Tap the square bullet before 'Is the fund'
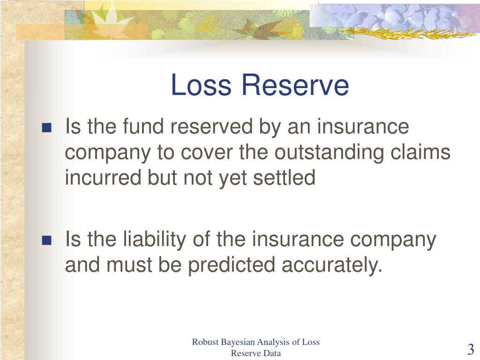pyautogui.click(x=46, y=127)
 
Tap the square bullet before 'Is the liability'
pyautogui.click(x=46, y=240)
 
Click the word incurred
pyautogui.click(x=103, y=178)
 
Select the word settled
pyautogui.click(x=284, y=178)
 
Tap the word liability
pyautogui.click(x=155, y=240)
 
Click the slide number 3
pyautogui.click(x=471, y=349)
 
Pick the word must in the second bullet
pyautogui.click(x=129, y=265)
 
